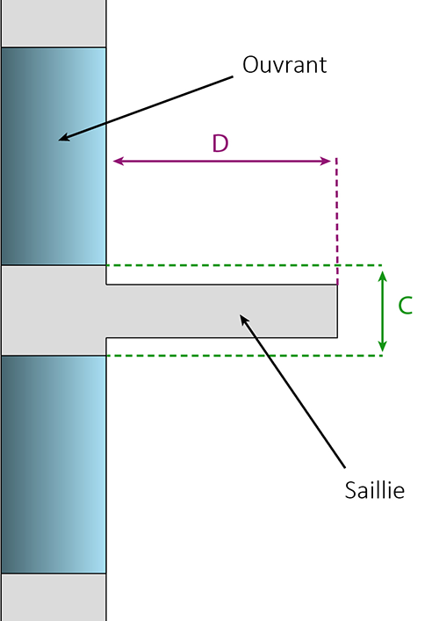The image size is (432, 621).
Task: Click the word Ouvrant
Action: point(284,64)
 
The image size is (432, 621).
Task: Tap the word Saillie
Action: point(375,490)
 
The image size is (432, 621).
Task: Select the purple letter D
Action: point(220,143)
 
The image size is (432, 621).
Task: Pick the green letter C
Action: point(405,306)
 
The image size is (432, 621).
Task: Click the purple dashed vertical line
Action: point(337,221)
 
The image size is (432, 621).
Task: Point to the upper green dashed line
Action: point(244,265)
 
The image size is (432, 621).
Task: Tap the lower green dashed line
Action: point(244,356)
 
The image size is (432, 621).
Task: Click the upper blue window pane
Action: point(54,156)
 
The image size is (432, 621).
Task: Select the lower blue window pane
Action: point(54,464)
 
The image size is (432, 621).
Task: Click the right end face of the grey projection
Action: point(337,311)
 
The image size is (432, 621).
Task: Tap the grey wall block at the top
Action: point(54,23)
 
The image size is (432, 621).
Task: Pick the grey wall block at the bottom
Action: point(54,597)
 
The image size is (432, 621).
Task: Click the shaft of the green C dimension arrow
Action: point(382,311)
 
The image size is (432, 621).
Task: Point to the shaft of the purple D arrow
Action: point(222,161)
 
